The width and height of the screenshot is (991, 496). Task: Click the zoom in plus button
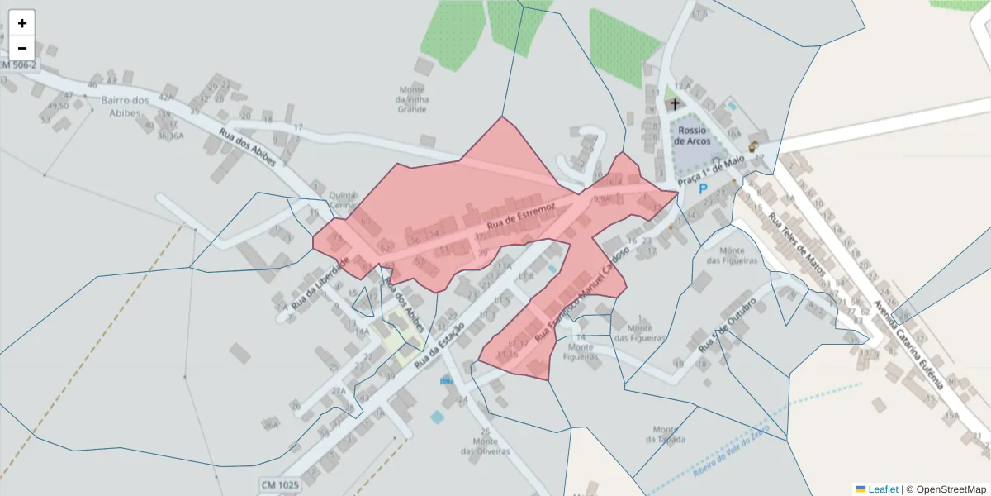22,23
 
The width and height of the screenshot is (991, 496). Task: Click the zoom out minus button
22,48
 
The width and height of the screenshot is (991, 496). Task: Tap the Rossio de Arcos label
692,136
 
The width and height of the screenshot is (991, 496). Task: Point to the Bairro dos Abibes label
125,107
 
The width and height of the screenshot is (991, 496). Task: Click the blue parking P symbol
704,188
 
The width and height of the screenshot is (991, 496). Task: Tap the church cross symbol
675,105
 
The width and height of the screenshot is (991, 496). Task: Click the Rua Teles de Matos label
797,246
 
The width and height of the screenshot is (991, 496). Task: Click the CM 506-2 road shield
18,65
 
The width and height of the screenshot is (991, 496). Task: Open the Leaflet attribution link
877,489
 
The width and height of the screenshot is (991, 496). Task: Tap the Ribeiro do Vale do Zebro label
731,449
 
